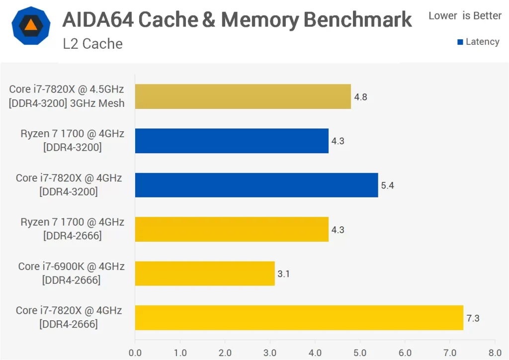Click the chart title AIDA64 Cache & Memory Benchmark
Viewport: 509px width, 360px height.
click(x=237, y=20)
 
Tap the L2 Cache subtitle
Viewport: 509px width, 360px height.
click(x=92, y=44)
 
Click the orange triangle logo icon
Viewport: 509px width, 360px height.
click(x=30, y=25)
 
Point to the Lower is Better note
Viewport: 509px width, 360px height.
click(x=465, y=16)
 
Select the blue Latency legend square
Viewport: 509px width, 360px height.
click(x=460, y=42)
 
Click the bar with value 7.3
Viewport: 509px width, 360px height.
click(x=299, y=318)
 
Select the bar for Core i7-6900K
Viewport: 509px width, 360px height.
click(x=204, y=273)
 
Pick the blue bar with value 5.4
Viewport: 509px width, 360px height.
click(x=256, y=185)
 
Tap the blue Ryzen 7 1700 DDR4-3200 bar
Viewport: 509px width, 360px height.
click(x=231, y=141)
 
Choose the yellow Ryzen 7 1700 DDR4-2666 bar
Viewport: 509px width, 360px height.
click(x=231, y=229)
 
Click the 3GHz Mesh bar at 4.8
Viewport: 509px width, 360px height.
click(x=243, y=96)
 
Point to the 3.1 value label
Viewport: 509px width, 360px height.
click(x=283, y=273)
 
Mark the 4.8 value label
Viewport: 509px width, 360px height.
click(x=360, y=97)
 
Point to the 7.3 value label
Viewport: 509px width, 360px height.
click(x=473, y=318)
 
